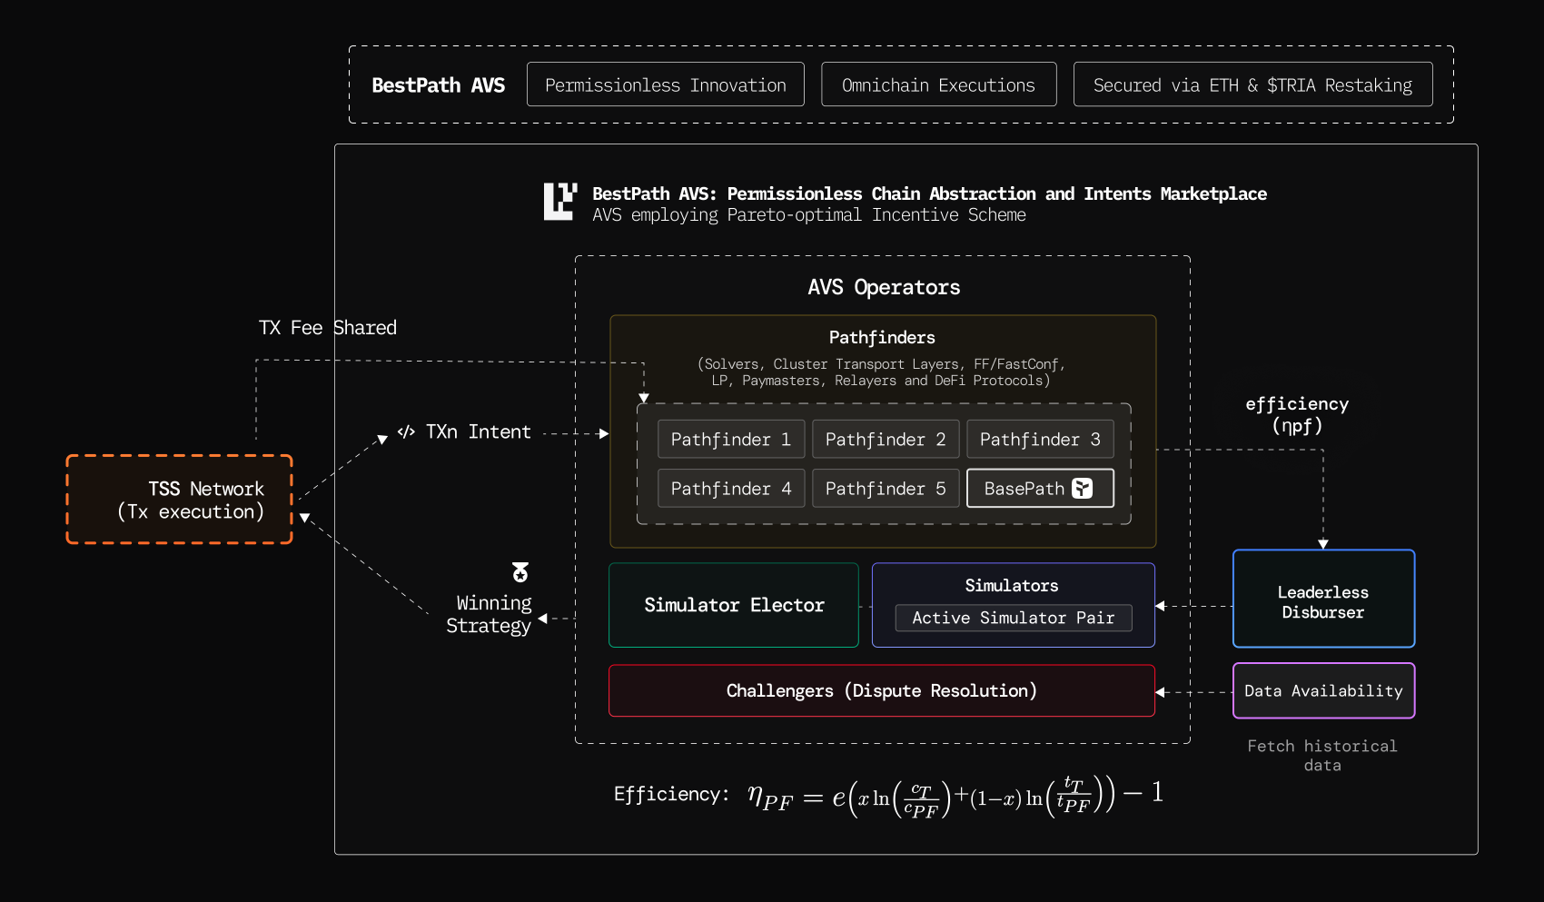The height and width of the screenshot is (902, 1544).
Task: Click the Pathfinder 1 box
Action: (x=731, y=440)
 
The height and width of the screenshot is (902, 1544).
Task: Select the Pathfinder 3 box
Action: (x=1040, y=440)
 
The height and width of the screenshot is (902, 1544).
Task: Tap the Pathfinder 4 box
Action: (x=731, y=489)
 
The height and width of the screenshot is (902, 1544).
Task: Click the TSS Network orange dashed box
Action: (x=180, y=500)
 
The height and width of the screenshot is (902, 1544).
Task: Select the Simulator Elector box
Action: (x=734, y=605)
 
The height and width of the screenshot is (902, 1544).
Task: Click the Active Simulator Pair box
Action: (x=1013, y=618)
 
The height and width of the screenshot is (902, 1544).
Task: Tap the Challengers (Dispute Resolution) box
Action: (x=881, y=691)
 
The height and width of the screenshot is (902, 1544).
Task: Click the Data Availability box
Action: (x=1323, y=691)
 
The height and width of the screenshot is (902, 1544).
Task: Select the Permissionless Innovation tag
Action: (x=666, y=84)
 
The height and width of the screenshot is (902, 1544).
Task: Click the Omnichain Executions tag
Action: (x=938, y=84)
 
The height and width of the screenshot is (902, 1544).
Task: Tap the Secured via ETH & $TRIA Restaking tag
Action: (x=1252, y=84)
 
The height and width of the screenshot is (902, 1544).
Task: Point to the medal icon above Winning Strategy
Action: (x=520, y=572)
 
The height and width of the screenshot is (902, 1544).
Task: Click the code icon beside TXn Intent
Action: (x=406, y=431)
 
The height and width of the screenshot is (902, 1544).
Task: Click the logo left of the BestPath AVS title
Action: (x=559, y=202)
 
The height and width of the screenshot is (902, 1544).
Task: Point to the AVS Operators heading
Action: (x=884, y=288)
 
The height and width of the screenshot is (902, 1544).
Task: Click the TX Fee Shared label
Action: (x=328, y=328)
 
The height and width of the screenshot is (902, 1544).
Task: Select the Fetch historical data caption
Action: (x=1322, y=756)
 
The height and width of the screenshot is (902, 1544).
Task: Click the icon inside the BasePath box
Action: (x=1082, y=489)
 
